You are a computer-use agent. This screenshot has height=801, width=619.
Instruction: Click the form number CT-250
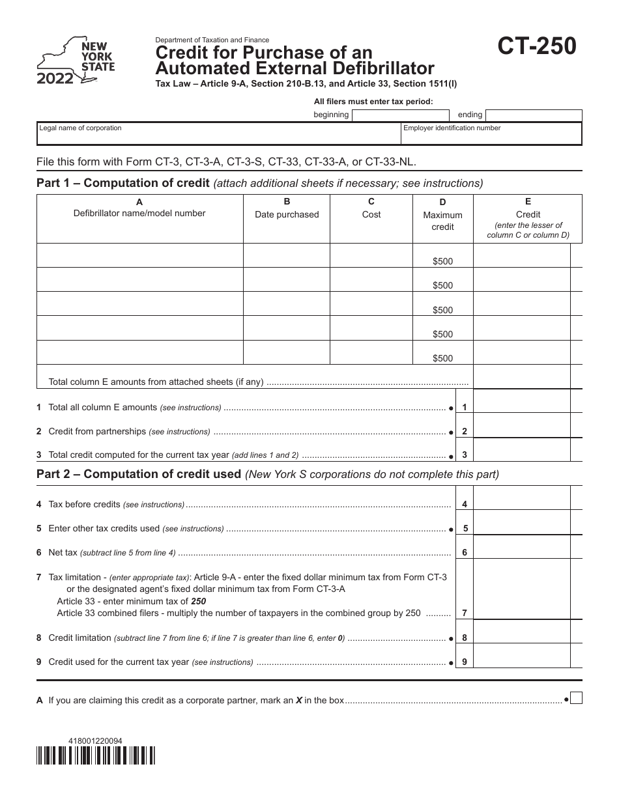(x=537, y=48)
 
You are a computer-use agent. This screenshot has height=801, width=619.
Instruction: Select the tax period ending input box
(x=533, y=115)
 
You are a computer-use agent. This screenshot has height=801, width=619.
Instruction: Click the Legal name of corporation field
(x=218, y=133)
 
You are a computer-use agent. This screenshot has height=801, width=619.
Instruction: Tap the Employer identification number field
(x=491, y=133)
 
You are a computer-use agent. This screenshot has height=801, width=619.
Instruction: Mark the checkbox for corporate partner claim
(x=576, y=699)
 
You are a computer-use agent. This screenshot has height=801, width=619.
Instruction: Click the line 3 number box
(x=464, y=455)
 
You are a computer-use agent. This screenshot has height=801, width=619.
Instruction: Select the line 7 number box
(x=464, y=613)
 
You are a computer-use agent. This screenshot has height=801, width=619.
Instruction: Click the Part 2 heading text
(x=138, y=474)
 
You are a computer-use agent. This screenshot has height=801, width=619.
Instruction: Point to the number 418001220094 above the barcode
(x=95, y=740)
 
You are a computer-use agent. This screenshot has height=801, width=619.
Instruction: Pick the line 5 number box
(x=465, y=529)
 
